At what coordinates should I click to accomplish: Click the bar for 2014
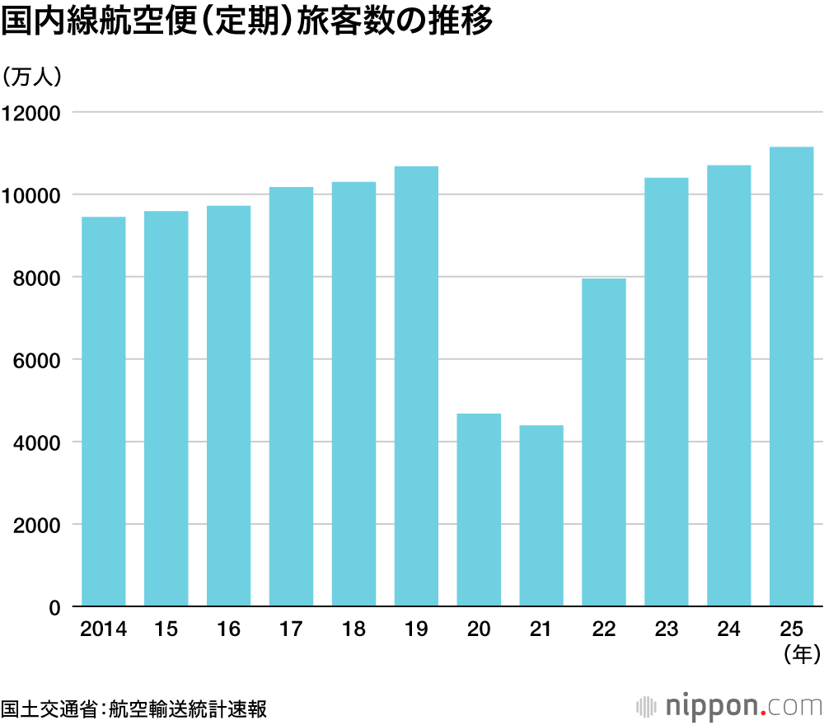click(104, 412)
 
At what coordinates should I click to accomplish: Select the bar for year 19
click(416, 387)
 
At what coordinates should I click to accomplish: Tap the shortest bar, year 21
click(541, 516)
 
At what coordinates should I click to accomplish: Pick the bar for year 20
click(479, 510)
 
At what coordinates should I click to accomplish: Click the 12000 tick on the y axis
click(32, 113)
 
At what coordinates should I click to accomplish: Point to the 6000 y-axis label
click(37, 360)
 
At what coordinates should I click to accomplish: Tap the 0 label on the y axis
click(55, 608)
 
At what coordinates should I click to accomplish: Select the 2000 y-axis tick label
click(37, 525)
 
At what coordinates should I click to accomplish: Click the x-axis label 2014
click(104, 629)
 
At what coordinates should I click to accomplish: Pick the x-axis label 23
click(666, 629)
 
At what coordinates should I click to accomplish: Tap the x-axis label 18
click(353, 629)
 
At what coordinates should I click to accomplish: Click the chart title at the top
click(247, 23)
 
